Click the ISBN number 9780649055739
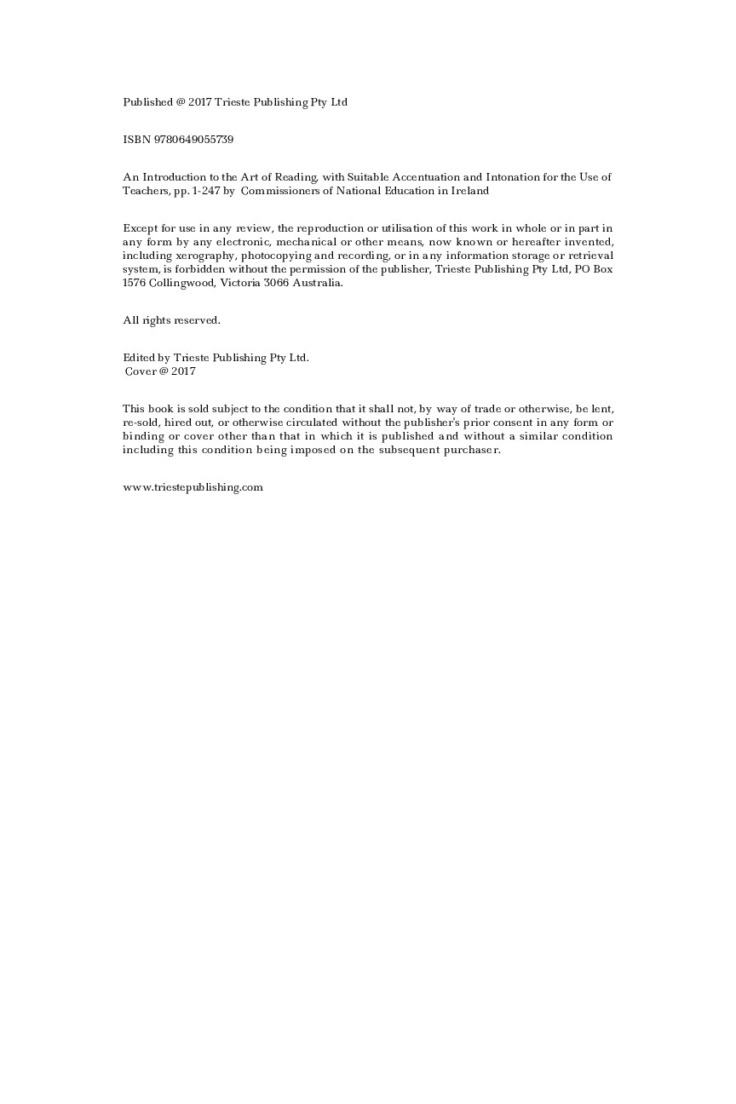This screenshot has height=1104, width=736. click(193, 140)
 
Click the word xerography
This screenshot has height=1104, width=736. click(199, 256)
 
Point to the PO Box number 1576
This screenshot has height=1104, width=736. click(134, 283)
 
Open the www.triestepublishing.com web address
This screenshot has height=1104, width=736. click(193, 487)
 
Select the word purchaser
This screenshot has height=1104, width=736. click(471, 450)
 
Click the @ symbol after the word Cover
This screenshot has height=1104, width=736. click(164, 371)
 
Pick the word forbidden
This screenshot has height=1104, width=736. click(195, 269)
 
